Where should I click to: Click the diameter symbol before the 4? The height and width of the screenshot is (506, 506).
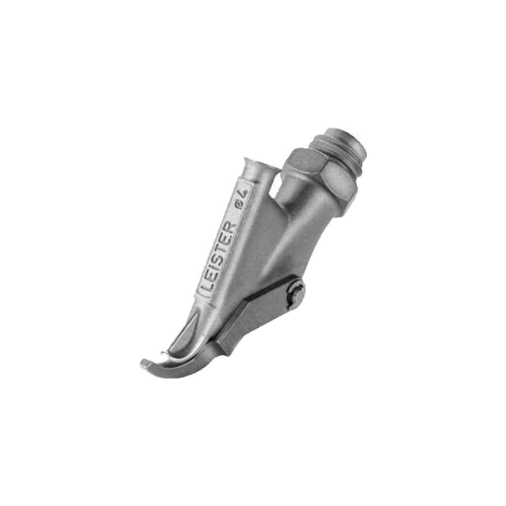[239, 206]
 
